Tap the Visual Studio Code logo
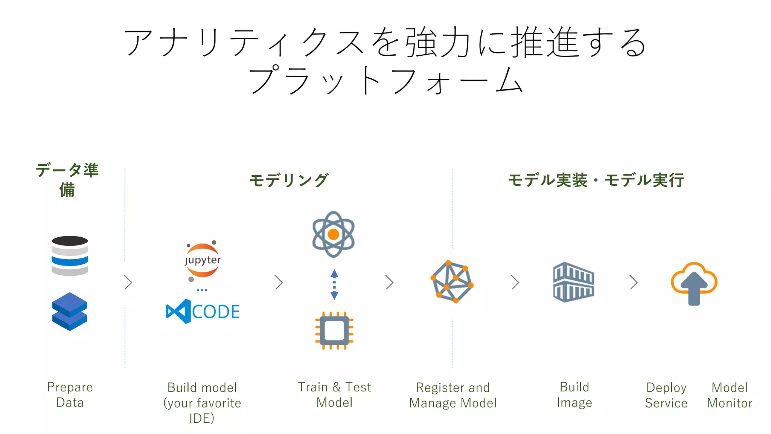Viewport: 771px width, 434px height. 203,311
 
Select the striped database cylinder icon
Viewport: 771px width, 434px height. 70,256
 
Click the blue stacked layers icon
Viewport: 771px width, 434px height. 70,312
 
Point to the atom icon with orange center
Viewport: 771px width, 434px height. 333,234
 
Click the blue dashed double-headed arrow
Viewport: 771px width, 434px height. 334,284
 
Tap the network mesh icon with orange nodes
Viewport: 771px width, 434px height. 452,281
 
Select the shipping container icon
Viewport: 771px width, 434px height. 573,282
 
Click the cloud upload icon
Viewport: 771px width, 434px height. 694,283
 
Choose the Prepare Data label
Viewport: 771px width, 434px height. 70,394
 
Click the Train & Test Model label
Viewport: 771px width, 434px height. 334,394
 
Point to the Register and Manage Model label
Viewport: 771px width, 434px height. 453,395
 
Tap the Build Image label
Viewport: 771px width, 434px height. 574,394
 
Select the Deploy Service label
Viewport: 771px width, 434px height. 666,395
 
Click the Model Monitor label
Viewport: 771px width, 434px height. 729,395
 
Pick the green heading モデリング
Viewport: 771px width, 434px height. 289,180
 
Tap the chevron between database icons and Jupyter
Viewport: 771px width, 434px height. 128,282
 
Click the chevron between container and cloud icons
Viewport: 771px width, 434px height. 634,282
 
